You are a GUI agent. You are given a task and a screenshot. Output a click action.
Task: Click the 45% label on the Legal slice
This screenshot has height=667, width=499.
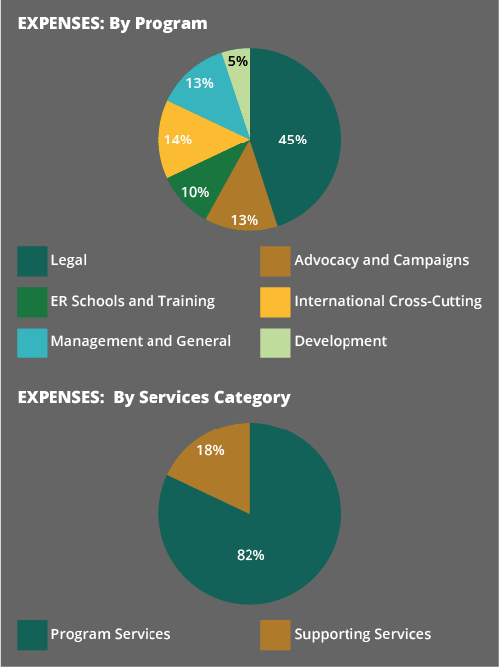coord(293,140)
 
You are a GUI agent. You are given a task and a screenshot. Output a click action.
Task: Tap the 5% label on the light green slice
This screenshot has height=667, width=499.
coord(238,61)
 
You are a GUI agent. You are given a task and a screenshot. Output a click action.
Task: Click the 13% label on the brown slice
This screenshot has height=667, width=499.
coord(245,220)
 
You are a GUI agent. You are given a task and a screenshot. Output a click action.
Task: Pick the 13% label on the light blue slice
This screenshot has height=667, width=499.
coord(200,83)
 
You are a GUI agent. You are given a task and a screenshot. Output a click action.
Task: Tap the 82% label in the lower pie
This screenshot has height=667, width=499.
coord(250,555)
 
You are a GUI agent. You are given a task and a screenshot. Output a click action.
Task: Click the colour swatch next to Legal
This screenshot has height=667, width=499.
coord(32,261)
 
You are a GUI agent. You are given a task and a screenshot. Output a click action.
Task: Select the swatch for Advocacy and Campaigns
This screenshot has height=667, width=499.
coord(275,261)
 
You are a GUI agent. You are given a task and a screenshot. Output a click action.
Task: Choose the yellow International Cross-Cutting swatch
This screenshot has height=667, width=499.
coord(275,302)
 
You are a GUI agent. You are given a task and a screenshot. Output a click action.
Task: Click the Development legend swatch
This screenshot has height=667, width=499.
coord(275,342)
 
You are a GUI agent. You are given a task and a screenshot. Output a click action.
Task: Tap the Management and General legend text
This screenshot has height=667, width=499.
coord(141,341)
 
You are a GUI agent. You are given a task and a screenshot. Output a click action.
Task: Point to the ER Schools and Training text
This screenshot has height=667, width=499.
coord(133,301)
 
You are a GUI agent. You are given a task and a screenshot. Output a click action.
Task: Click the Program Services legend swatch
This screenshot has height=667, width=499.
coord(32,635)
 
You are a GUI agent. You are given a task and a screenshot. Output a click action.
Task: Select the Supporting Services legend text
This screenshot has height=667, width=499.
coord(362,634)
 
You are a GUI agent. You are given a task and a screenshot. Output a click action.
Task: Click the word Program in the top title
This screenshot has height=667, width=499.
coord(171,24)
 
